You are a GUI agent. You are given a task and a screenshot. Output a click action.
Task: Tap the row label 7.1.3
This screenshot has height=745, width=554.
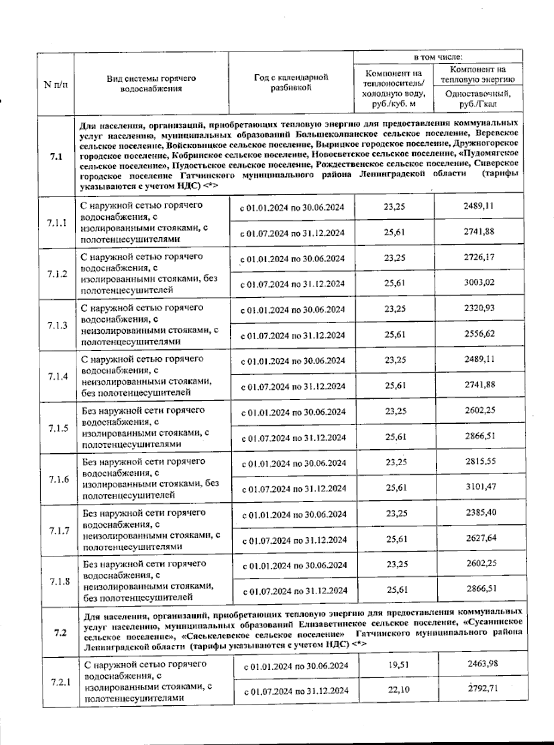coord(57,325)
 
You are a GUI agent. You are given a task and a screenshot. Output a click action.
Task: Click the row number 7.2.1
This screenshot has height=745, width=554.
coord(59,682)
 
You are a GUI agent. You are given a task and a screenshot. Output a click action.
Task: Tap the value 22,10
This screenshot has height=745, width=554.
coord(397,690)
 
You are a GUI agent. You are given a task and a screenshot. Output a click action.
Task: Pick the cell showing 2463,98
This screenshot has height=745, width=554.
coord(481,663)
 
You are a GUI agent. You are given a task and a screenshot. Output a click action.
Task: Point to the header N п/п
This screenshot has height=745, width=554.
coord(55,84)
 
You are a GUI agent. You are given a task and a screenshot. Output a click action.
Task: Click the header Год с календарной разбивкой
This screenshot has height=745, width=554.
coord(291,82)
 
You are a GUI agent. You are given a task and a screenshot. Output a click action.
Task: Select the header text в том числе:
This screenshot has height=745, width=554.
coord(438,57)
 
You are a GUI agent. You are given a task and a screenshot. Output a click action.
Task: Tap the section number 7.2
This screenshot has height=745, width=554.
coord(60,632)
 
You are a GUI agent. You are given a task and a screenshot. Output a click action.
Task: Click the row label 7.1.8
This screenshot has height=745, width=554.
coord(59,581)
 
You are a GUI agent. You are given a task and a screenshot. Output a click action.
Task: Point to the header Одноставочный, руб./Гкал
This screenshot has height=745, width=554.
coord(478,99)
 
